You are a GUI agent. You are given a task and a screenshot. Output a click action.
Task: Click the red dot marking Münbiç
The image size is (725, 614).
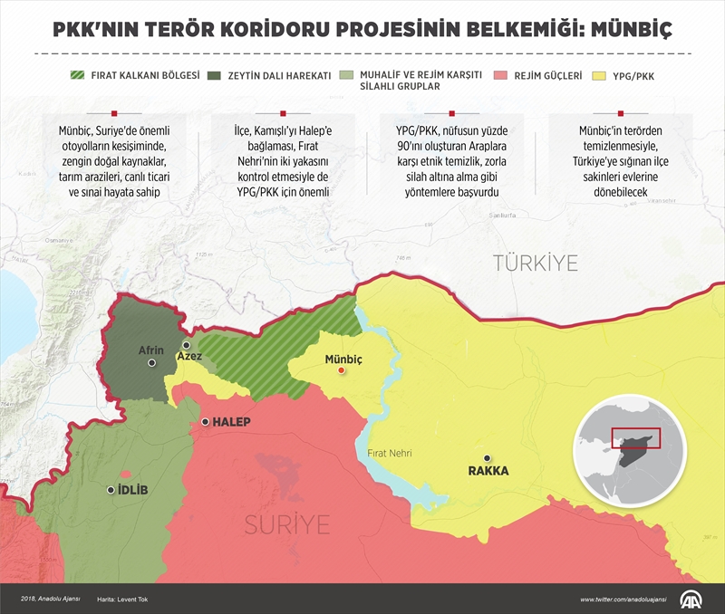coord(342,370)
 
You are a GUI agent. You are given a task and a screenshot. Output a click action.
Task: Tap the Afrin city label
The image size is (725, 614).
coord(151,350)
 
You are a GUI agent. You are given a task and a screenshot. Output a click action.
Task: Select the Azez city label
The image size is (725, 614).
coord(189,359)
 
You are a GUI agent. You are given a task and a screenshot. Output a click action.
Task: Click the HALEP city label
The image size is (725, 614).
coord(232,422)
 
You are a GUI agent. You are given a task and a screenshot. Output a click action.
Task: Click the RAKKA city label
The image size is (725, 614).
coord(488,471)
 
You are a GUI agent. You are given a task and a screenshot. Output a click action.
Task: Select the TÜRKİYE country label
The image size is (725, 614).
coord(535,264)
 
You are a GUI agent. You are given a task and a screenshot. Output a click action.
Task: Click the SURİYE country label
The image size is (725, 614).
coord(285,524)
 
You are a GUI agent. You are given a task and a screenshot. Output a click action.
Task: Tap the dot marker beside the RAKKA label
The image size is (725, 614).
coord(488,458)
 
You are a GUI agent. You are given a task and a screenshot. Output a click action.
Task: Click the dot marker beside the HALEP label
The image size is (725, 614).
coord(206,422)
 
